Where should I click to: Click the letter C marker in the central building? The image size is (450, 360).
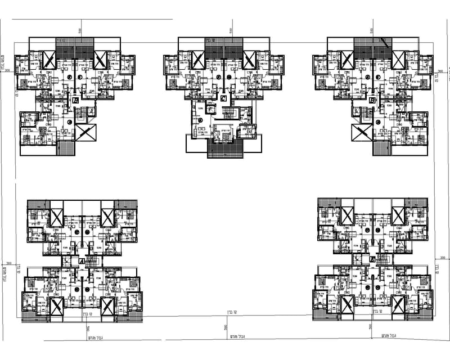tap(223, 99)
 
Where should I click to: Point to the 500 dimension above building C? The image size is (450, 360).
tap(231, 30)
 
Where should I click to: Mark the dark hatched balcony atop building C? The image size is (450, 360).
tap(224, 47)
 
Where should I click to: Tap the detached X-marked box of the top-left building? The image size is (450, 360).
tap(86, 133)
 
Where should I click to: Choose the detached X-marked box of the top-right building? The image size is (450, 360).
tap(360, 133)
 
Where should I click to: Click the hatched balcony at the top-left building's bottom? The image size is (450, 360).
tap(66, 148)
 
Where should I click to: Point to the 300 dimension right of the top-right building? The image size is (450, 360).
tap(441, 71)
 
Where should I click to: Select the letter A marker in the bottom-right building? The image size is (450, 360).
tap(373, 259)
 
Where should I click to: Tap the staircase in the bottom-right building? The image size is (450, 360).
tap(384, 259)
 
